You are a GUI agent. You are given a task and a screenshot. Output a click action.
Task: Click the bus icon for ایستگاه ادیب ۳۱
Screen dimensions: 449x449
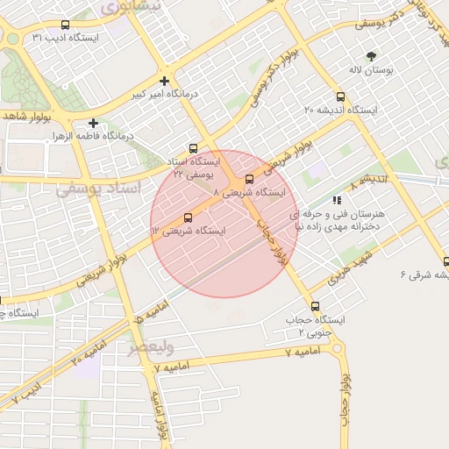(x=67, y=25)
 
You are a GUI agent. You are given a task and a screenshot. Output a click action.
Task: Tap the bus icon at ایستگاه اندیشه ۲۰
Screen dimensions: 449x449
(x=340, y=97)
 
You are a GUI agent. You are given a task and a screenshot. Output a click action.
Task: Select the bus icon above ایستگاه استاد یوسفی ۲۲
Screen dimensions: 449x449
(x=193, y=148)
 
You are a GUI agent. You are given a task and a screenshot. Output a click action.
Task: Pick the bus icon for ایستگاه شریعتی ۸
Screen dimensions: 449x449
(x=250, y=180)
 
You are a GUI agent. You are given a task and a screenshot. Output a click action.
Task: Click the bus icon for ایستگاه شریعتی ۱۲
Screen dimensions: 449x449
(x=188, y=217)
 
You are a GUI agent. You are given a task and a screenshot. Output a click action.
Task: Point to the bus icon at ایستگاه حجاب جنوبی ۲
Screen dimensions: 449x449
(x=316, y=308)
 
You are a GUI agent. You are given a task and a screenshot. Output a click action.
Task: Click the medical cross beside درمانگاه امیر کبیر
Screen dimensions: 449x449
(x=164, y=81)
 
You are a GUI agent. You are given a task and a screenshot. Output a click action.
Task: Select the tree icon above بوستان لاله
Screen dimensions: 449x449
(x=371, y=55)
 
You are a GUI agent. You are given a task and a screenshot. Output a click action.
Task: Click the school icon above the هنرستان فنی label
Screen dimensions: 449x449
(x=338, y=201)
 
